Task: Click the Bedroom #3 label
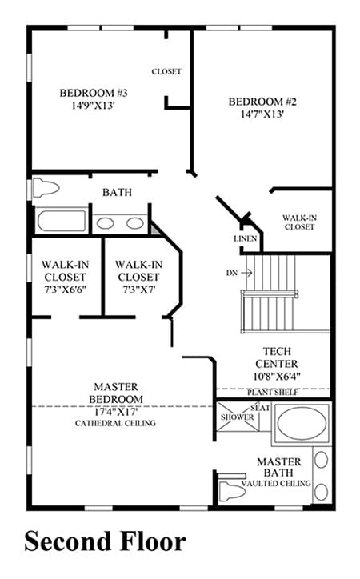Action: click(x=94, y=93)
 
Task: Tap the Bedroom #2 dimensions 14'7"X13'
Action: click(x=262, y=114)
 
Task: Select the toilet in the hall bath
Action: click(x=46, y=188)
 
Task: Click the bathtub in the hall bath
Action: click(x=62, y=221)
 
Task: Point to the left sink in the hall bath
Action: click(x=106, y=223)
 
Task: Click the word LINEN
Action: click(x=245, y=238)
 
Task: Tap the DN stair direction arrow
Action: click(x=246, y=273)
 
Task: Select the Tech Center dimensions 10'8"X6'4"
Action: click(x=277, y=377)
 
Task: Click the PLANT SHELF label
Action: click(x=273, y=392)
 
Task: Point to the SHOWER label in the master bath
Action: click(x=237, y=417)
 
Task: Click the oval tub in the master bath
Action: click(x=302, y=423)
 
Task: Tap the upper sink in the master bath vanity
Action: click(x=322, y=460)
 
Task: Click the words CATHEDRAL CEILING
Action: click(x=115, y=423)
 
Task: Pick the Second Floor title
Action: click(x=106, y=541)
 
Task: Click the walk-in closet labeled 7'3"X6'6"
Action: click(x=66, y=277)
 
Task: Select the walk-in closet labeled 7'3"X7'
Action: click(x=139, y=277)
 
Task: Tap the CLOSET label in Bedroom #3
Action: click(x=166, y=71)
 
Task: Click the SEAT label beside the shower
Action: click(x=260, y=408)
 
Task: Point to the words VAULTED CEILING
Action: click(x=276, y=483)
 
